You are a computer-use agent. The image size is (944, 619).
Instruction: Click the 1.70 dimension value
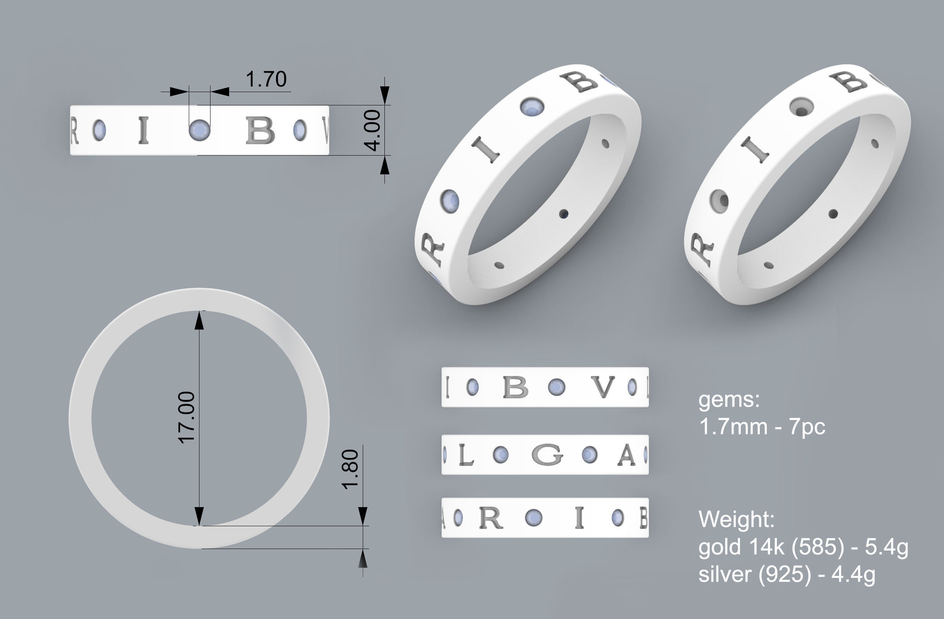266,79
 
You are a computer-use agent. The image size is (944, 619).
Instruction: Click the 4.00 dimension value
373,130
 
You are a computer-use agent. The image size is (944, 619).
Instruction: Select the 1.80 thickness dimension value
351,469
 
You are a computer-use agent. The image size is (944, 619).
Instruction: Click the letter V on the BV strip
603,387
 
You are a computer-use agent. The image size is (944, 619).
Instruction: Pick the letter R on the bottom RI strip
491,518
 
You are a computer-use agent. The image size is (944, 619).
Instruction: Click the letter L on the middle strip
466,455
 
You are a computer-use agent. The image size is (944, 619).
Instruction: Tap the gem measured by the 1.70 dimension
199,130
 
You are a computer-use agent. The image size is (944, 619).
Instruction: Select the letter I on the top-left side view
144,130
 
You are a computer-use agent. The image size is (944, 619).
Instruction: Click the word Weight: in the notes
736,519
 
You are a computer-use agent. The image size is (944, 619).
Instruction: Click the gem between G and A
589,454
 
